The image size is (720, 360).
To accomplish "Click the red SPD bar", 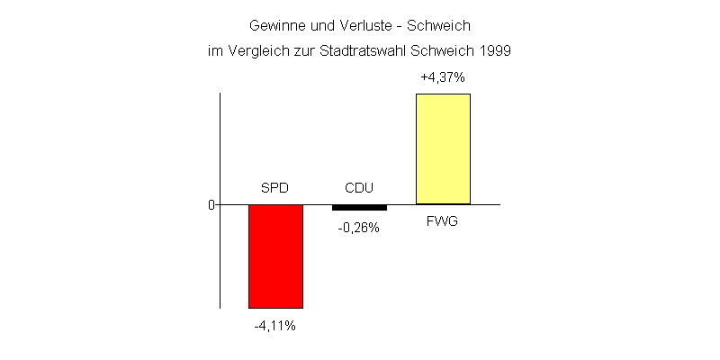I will [275, 256].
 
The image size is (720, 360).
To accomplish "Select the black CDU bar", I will [359, 208].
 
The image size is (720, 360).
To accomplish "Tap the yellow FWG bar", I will [443, 148].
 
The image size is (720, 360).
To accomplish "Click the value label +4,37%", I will [443, 77].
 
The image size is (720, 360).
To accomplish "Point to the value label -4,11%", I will [274, 326].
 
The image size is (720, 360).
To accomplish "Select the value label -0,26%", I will [358, 228].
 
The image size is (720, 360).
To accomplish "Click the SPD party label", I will [275, 188].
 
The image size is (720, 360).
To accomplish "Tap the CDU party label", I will [359, 188].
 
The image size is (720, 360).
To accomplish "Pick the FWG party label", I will [442, 220].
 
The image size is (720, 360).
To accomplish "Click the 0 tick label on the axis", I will [212, 204].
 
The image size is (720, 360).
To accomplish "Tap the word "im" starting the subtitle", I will [214, 51].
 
